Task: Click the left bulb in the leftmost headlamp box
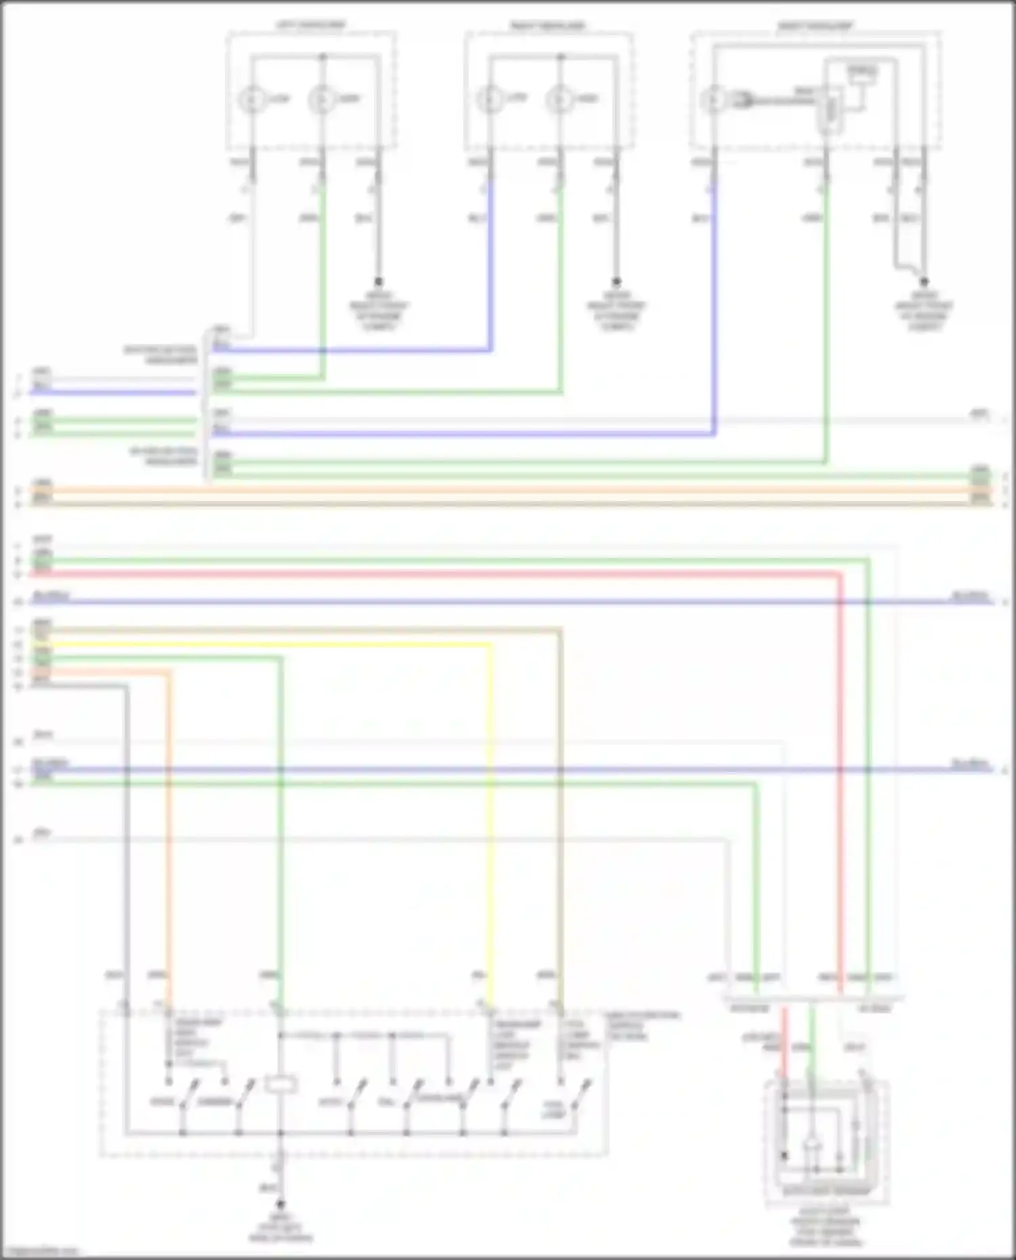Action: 252,100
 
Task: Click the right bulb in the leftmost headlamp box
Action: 322,100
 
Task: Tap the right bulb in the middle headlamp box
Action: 559,100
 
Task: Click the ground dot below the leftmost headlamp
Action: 379,281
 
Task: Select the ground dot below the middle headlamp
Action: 616,281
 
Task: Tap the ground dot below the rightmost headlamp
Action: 923,282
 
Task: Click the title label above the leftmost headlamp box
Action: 310,26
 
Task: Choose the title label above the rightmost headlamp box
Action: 814,26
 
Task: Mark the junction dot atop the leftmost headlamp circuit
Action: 322,57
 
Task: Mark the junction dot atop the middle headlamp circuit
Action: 560,57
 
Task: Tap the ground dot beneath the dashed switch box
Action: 280,1203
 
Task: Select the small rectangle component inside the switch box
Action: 280,1085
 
